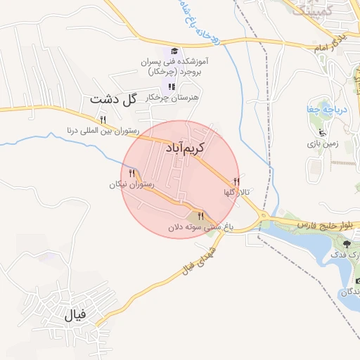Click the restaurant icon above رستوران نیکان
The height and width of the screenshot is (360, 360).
[131, 173]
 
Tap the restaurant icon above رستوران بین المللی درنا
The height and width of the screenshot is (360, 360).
[103, 120]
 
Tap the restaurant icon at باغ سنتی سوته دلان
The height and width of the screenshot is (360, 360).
[200, 217]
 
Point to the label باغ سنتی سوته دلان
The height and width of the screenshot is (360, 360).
[195, 228]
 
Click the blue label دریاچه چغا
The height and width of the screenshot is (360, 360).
[321, 110]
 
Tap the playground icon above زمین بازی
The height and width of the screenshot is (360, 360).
[323, 132]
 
